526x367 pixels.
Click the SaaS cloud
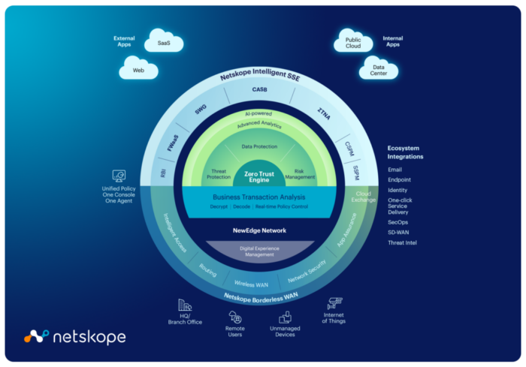coord(164,41)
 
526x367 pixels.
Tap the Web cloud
coord(138,68)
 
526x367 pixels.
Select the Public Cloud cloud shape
coord(353,41)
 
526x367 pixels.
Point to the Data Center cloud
coord(379,68)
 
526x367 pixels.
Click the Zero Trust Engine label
coord(259,176)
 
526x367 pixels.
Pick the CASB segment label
coord(260,89)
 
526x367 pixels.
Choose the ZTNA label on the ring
coord(324,114)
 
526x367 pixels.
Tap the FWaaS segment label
coord(173,143)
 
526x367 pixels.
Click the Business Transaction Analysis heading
coord(259,197)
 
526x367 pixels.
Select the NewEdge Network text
coord(259,230)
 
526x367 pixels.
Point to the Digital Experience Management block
coord(260,251)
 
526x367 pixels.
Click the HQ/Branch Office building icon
coord(185,305)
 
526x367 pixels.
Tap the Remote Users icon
coord(234,317)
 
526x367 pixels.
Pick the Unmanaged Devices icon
coord(285,317)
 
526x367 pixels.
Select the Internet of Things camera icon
coord(334,303)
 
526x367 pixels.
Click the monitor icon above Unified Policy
coord(119,176)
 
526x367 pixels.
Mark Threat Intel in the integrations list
coord(402,242)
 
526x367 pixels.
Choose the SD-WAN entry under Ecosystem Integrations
coord(398,232)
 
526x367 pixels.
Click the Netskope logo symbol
coord(36,336)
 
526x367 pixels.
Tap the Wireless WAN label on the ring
coord(251,284)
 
